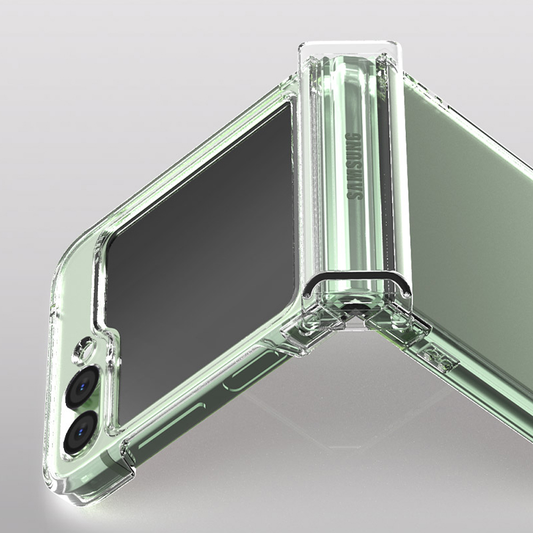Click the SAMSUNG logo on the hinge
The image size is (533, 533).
[353, 166]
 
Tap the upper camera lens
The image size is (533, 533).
[82, 386]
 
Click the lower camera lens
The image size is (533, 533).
[80, 432]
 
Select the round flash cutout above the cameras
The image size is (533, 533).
[84, 349]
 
